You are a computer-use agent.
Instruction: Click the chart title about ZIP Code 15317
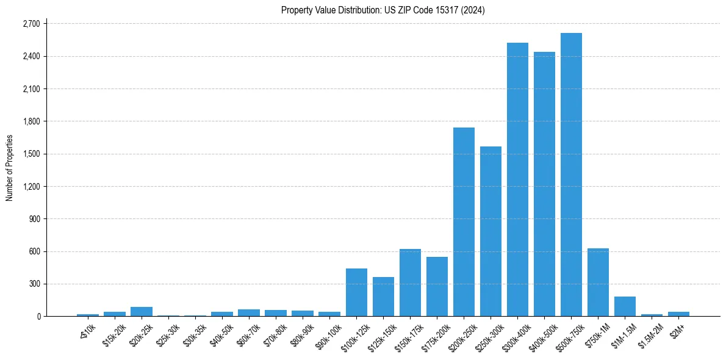pos(383,10)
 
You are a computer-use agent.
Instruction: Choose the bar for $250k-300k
pos(491,231)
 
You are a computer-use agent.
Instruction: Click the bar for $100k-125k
pos(356,292)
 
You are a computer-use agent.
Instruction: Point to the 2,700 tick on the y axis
pos(31,24)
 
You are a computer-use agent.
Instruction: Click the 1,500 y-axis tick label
pos(31,154)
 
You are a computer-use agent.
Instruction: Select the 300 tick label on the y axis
pos(34,284)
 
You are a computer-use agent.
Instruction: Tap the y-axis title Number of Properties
pos(9,168)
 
